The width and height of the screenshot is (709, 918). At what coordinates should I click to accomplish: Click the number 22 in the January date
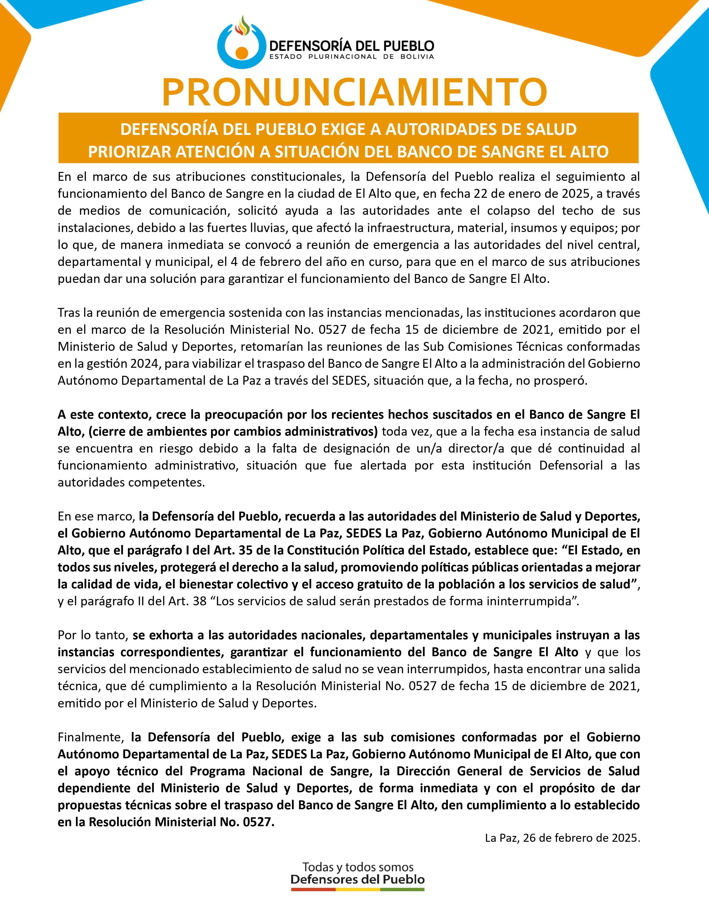pos(480,194)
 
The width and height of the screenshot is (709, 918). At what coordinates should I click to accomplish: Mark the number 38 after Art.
pos(200,601)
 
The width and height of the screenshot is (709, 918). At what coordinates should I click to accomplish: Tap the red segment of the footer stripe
pos(313,889)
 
